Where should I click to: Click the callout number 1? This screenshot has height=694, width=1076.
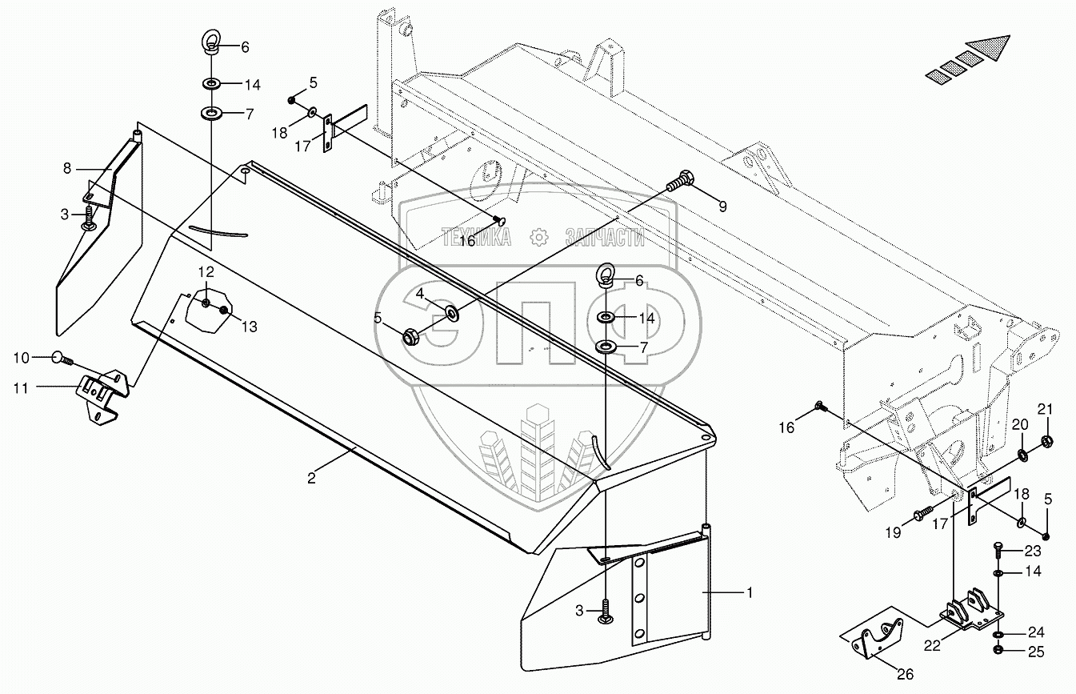click(749, 592)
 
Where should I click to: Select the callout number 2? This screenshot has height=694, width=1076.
click(311, 478)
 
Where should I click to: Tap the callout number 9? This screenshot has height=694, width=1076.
click(722, 206)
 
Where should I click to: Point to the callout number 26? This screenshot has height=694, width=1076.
click(905, 675)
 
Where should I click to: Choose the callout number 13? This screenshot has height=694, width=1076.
click(250, 326)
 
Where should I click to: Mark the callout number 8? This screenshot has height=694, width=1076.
click(67, 168)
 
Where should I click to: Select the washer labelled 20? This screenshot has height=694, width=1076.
click(1023, 455)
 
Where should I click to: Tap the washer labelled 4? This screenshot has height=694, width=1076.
click(450, 311)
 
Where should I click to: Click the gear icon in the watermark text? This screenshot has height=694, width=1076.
click(538, 236)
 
